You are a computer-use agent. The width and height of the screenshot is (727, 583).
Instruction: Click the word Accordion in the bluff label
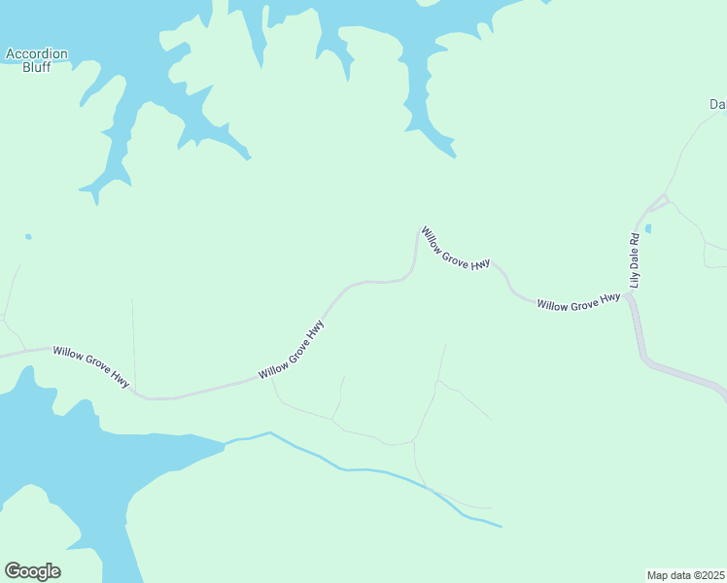click(36, 54)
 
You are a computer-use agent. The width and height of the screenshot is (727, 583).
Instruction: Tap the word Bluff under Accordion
click(36, 68)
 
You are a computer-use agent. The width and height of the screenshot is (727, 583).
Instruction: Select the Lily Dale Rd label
click(636, 260)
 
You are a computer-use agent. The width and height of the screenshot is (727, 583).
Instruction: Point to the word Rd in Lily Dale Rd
click(635, 238)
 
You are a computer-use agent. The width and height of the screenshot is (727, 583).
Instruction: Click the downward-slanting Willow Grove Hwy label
click(455, 249)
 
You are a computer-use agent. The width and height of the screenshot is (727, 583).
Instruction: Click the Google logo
click(32, 571)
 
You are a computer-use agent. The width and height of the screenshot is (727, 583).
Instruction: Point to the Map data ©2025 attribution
click(685, 575)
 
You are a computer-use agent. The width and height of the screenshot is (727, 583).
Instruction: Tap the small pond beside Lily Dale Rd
click(647, 229)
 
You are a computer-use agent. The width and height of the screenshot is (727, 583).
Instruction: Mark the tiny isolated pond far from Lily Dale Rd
click(28, 236)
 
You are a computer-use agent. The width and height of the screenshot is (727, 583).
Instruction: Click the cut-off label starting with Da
click(717, 104)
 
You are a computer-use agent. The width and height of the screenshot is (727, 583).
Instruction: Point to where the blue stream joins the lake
click(226, 443)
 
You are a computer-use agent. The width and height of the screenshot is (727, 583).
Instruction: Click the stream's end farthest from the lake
click(502, 528)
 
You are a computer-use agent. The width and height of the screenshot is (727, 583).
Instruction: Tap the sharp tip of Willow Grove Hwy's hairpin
click(419, 229)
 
